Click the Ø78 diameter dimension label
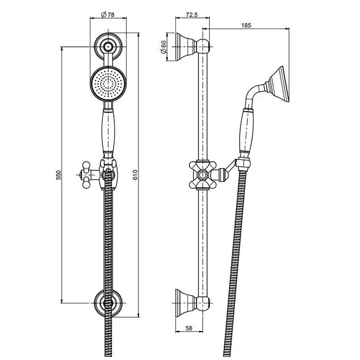[107, 15]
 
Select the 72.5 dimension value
[192, 15]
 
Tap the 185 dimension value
[246, 25]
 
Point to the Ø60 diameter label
[164, 47]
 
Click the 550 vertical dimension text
[59, 175]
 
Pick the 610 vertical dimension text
[135, 175]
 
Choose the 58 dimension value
[189, 328]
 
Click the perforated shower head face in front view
[108, 84]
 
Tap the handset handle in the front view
[109, 132]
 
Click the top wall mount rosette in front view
[108, 47]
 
